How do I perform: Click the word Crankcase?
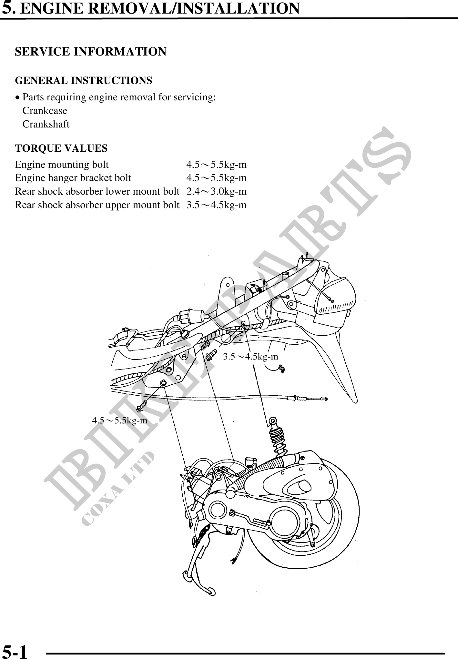(x=45, y=111)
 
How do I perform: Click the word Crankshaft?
(x=46, y=124)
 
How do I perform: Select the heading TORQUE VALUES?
(x=61, y=148)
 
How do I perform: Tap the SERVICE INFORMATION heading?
(x=91, y=52)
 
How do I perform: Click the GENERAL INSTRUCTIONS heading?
(x=84, y=80)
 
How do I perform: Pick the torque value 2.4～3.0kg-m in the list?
(x=216, y=191)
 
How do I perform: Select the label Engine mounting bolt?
(x=62, y=165)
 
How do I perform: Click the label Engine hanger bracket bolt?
(x=73, y=178)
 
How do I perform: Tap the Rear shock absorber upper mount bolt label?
(x=97, y=205)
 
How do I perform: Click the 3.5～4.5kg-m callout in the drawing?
(x=250, y=356)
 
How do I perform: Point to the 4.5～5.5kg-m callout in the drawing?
(x=119, y=420)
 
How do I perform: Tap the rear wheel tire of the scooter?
(x=342, y=532)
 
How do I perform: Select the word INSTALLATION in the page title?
(x=239, y=8)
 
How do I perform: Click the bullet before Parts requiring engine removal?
(x=18, y=97)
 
